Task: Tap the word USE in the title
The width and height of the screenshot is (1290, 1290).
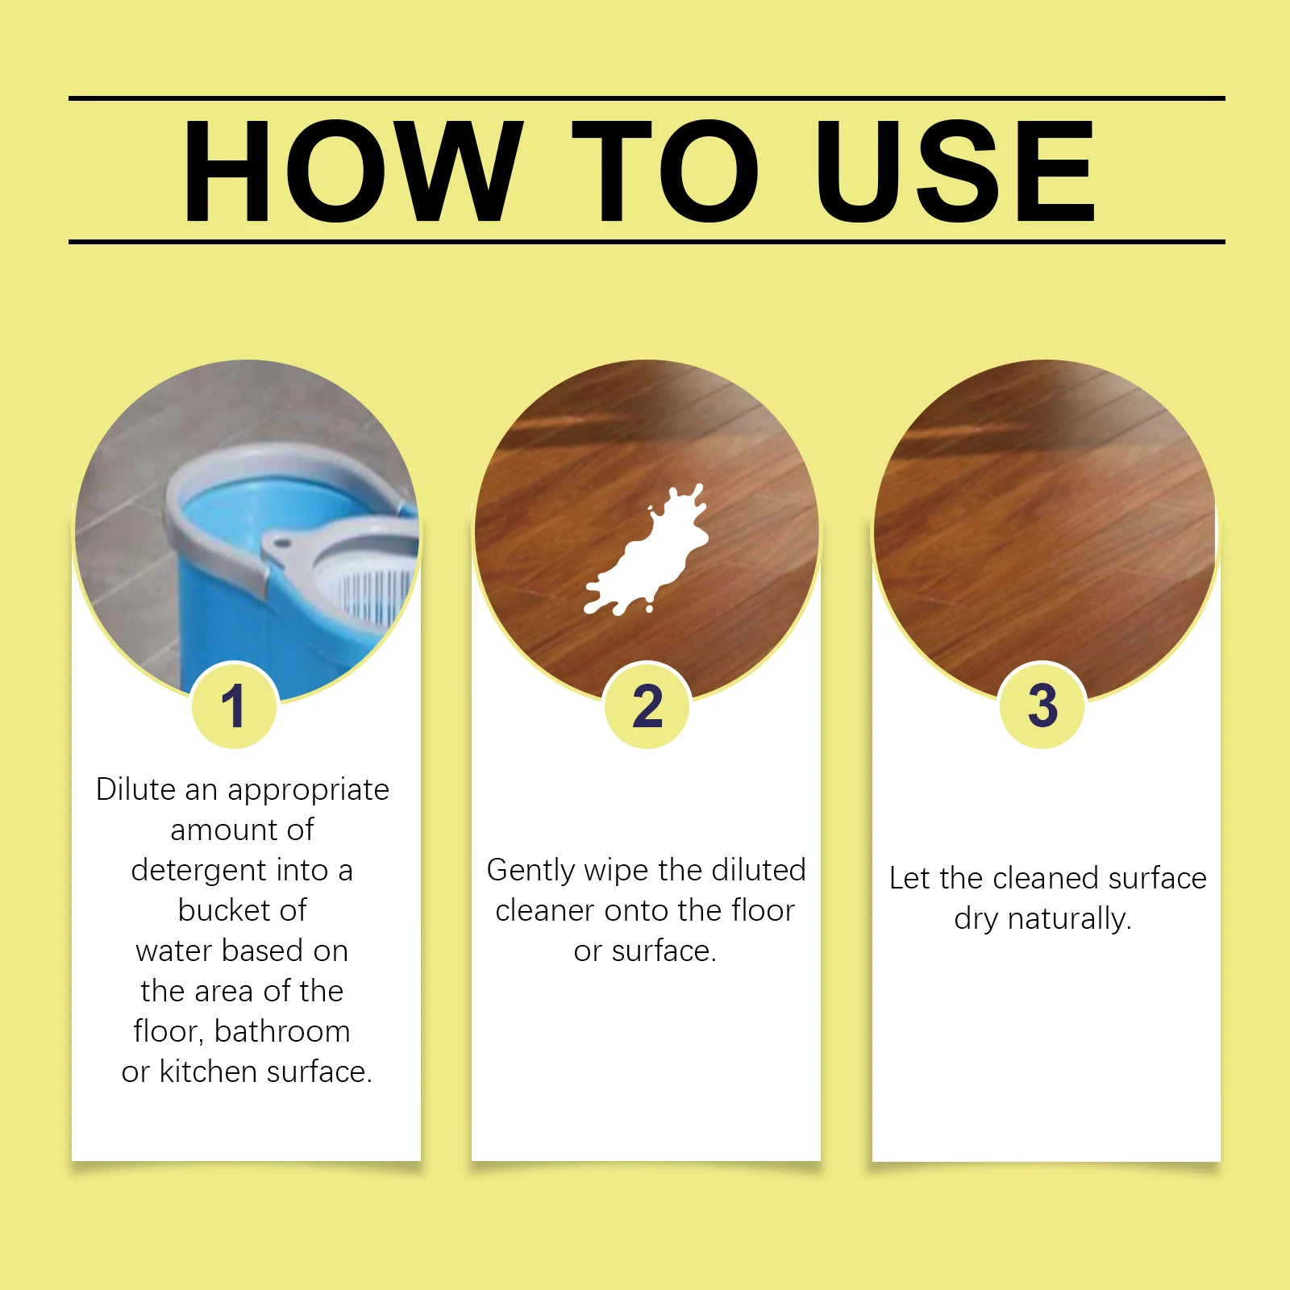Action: pyautogui.click(x=955, y=170)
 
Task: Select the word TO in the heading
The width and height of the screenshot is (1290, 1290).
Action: pyautogui.click(x=665, y=170)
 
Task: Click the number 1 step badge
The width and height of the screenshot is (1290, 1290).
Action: pyautogui.click(x=235, y=706)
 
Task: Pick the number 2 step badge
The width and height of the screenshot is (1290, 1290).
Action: pyautogui.click(x=647, y=706)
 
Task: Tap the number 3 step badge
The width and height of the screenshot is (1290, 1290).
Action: pyautogui.click(x=1042, y=705)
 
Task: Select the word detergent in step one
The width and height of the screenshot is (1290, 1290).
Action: pyautogui.click(x=198, y=871)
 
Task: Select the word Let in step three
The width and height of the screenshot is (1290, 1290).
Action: pyautogui.click(x=909, y=878)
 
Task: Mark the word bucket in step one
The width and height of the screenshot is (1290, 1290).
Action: pyautogui.click(x=214, y=911)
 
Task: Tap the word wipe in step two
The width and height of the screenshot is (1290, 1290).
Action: pyautogui.click(x=617, y=871)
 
